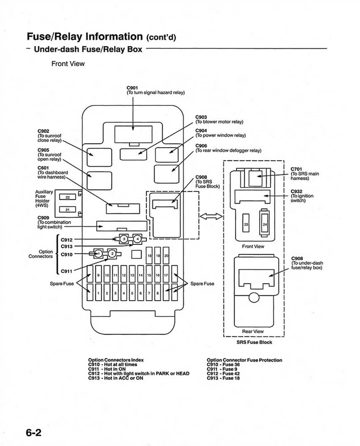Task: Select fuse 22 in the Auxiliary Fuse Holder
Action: [67, 197]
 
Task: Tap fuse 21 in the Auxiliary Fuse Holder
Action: [67, 210]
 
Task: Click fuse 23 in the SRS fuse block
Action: [246, 224]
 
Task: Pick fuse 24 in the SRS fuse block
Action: [265, 224]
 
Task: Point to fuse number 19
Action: [158, 256]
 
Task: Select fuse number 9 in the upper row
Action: [99, 275]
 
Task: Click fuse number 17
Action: [166, 275]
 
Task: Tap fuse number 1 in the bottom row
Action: [99, 294]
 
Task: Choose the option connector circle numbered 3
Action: [124, 239]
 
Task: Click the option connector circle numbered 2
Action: [111, 254]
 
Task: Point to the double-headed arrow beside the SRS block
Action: [211, 216]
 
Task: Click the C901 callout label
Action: [132, 87]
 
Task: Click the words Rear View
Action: [253, 331]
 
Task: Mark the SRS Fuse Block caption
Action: [254, 342]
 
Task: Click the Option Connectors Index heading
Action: [116, 360]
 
